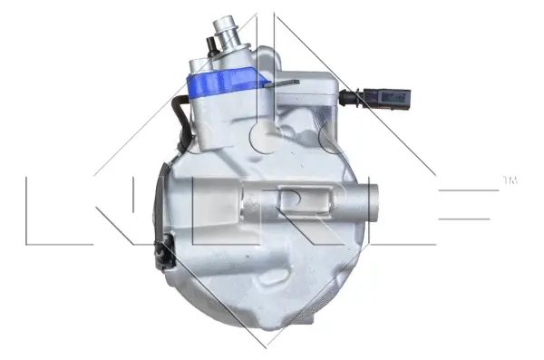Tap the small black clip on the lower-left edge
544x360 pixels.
[x=165, y=249]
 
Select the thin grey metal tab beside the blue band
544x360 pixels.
[x=286, y=85]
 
